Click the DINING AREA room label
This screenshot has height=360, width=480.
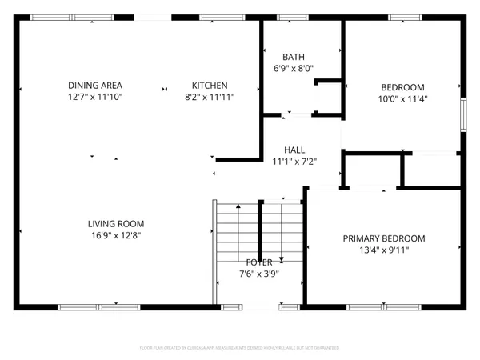point(95,86)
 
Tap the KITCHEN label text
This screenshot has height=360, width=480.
point(210,86)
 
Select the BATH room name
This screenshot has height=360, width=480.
point(292,57)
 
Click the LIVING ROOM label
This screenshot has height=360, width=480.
point(115,224)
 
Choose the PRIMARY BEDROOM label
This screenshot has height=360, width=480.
point(384,238)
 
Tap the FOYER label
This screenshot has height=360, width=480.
point(259,262)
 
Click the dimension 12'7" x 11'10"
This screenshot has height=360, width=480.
point(95,97)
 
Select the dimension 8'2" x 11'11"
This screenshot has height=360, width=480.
point(210,97)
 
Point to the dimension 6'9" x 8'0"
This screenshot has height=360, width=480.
point(292,68)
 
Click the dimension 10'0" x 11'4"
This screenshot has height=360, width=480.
point(402,100)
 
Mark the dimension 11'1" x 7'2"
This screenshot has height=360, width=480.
point(294,162)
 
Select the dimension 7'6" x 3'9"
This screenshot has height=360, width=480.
point(259,274)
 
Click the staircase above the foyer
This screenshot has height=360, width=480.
point(260,228)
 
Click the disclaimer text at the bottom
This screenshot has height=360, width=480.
point(239,348)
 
